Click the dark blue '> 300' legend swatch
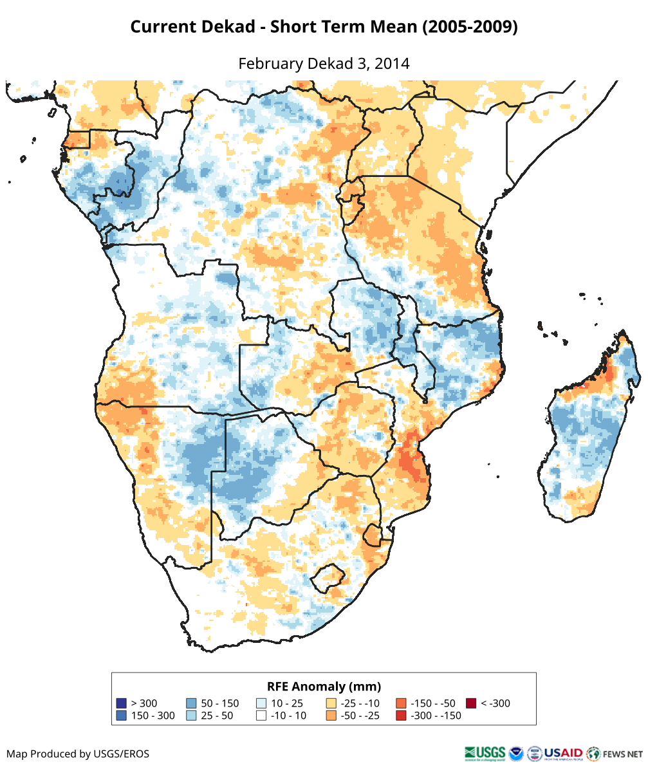point(121,703)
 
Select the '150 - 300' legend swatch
point(121,716)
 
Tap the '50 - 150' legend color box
point(191,703)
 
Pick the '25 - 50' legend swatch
point(191,716)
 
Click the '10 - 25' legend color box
point(261,703)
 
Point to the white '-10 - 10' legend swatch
point(261,716)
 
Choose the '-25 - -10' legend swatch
point(331,703)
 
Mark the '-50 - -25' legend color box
point(331,716)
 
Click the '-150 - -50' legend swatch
point(401,703)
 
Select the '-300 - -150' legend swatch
point(401,716)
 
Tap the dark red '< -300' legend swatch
point(471,703)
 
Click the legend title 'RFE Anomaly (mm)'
point(324,686)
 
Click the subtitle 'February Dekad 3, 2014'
point(324,64)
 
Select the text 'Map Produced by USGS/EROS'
point(78,754)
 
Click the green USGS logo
point(485,753)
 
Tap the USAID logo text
point(563,753)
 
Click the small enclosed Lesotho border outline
point(326,579)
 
